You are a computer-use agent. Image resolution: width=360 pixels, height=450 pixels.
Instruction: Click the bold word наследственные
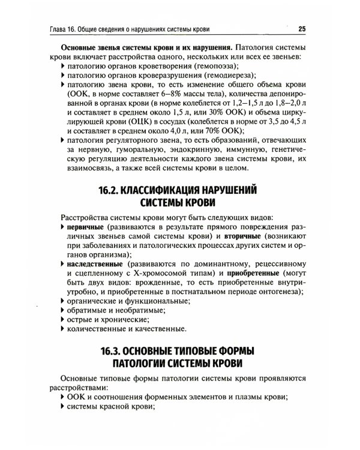coord(95,263)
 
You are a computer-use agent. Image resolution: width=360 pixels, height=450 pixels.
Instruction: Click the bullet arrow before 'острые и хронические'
coord(63,319)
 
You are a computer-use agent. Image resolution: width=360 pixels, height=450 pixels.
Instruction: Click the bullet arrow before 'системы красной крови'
coord(63,407)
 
